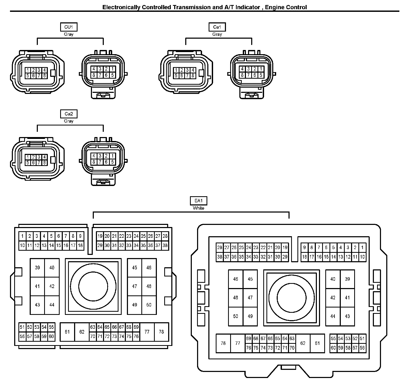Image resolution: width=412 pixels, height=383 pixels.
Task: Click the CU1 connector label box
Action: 69,27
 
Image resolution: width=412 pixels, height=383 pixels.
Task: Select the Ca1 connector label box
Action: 217,27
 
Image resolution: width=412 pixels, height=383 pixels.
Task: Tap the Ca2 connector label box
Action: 69,114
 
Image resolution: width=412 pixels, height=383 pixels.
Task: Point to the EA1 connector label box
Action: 198,201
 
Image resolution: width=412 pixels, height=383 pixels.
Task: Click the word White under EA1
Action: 198,208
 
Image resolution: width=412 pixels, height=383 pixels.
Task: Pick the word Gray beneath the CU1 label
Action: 69,34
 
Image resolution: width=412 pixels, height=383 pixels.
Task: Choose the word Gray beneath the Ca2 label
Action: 69,121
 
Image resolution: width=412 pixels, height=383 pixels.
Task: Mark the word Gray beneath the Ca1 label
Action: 217,34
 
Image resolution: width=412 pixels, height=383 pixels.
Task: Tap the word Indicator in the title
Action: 248,7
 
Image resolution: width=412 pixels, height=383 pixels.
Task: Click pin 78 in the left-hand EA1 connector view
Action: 161,332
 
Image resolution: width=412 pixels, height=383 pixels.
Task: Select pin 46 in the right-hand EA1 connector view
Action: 235,279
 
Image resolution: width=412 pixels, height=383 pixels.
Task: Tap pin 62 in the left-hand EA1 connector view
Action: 82,332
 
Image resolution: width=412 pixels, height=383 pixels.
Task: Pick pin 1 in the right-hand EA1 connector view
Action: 362,248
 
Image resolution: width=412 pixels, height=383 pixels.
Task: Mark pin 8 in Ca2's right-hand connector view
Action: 94,162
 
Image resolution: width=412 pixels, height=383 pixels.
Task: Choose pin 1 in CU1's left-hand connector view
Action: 27,70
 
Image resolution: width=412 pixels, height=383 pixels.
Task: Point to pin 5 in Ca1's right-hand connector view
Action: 261,75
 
